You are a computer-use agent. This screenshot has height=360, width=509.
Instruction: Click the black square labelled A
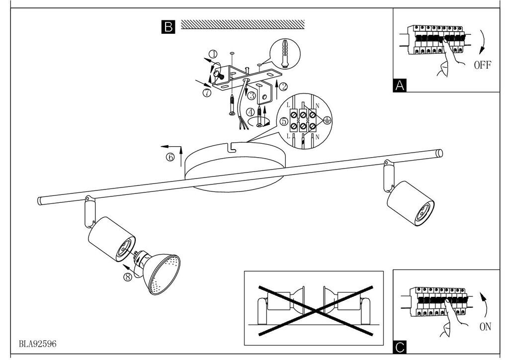(399, 86)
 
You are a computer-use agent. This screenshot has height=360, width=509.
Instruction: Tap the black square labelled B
(168, 27)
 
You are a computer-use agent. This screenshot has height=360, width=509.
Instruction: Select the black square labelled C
(400, 348)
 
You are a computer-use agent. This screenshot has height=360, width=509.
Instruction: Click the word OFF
(483, 65)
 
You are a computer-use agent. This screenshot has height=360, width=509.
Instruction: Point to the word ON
(485, 327)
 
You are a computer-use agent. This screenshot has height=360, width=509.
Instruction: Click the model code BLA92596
(38, 344)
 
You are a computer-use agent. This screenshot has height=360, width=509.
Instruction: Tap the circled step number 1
(213, 54)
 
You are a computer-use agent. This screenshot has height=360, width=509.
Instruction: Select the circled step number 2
(283, 87)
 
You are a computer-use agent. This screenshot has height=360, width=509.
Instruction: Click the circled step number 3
(252, 96)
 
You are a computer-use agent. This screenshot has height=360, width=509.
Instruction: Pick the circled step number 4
(251, 112)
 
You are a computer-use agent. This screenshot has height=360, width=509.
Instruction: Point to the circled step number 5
(284, 121)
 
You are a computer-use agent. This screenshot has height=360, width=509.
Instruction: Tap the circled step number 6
(170, 157)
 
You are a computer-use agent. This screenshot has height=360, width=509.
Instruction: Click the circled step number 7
(207, 92)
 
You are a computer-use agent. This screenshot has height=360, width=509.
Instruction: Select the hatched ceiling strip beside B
(243, 24)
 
